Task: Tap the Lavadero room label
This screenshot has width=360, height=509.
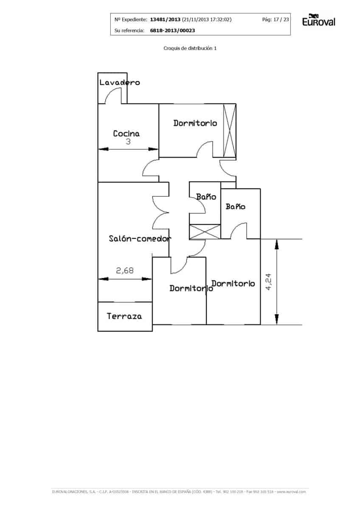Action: coord(119,82)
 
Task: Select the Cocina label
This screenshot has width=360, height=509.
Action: coord(126,134)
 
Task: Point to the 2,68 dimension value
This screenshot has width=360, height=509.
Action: coord(124,270)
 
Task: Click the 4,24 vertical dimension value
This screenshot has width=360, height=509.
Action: coord(268,282)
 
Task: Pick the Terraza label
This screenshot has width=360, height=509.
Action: coord(124,316)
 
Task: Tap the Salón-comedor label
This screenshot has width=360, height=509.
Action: coord(140,238)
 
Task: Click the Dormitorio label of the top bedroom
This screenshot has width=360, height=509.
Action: coord(195,123)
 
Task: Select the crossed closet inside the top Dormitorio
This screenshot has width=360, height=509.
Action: coord(230,131)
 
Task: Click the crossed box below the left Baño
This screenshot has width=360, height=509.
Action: coord(205,232)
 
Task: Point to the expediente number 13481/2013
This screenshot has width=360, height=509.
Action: coord(165,20)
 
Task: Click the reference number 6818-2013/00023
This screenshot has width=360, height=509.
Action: coord(172,31)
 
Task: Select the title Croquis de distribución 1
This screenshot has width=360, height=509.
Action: coord(190,48)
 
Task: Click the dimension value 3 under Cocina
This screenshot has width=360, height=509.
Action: coord(128,142)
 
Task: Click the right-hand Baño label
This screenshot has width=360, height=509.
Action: coord(235,207)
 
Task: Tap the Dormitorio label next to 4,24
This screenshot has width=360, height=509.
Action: coord(233,283)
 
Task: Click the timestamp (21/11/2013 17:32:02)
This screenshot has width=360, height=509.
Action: coord(207,20)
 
